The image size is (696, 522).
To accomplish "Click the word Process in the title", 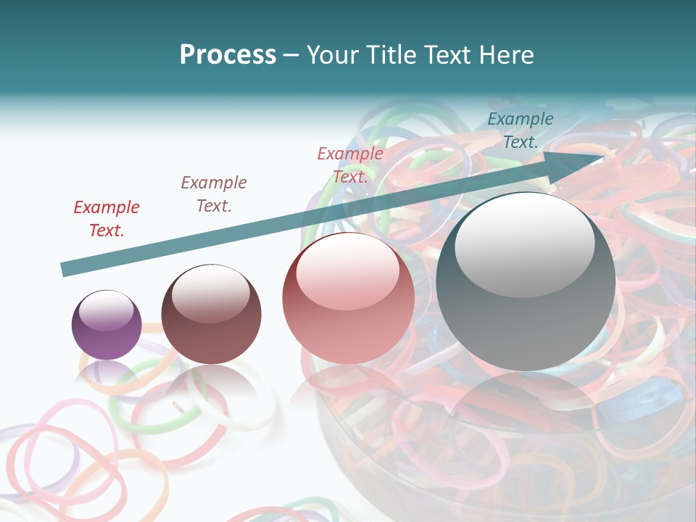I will point(228,55).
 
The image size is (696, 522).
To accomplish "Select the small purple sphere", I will point(107,325).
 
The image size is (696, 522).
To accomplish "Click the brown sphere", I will point(211,315).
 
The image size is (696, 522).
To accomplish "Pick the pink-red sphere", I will point(349,298).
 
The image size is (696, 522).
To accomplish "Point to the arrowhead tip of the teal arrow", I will point(603,156).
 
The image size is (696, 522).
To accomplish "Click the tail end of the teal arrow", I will point(64,270).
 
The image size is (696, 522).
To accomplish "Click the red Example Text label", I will point(107,218).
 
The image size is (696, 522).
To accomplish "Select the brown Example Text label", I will point(214,194).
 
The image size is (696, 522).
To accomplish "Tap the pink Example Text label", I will point(350,165).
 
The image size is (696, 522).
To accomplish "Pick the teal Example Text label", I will point(521,130).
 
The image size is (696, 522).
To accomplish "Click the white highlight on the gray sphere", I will point(524,241).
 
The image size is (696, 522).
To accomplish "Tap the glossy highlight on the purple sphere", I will point(107,310).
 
